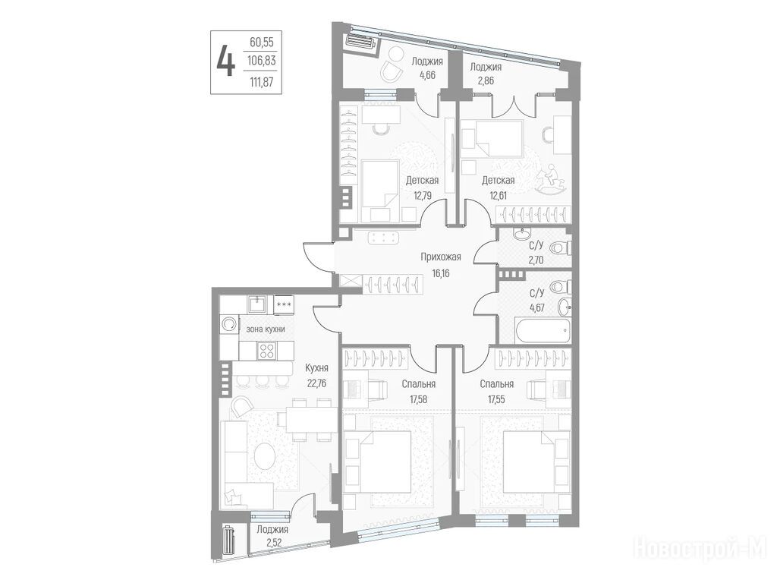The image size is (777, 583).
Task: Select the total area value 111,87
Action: click(x=262, y=82)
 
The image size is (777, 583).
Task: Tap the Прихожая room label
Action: click(x=441, y=257)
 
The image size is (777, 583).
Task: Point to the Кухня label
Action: click(x=316, y=368)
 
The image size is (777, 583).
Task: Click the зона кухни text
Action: click(x=266, y=329)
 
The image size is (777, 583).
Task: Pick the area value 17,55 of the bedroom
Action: click(x=496, y=399)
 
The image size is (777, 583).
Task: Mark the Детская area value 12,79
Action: click(x=423, y=195)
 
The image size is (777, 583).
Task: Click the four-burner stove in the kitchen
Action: click(x=267, y=351)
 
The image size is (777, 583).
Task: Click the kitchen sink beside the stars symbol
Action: click(x=257, y=304)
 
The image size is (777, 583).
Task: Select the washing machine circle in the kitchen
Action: click(x=228, y=324)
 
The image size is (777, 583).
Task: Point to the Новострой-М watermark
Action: click(x=700, y=549)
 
